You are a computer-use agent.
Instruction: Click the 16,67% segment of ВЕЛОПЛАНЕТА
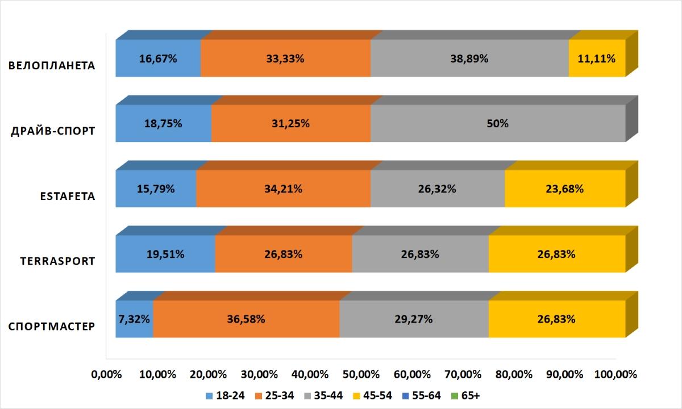point(158,59)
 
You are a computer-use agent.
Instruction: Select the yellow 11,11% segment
point(597,59)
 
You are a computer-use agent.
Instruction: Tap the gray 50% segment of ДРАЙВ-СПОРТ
point(498,123)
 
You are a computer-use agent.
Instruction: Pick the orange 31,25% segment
point(291,123)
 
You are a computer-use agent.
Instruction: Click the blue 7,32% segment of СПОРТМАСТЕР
point(134,319)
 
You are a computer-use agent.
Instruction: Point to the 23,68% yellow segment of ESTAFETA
point(565,189)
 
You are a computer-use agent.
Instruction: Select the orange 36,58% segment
point(246,319)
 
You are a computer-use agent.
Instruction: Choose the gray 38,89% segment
point(469,59)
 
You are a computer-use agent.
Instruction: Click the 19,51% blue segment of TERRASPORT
point(165,254)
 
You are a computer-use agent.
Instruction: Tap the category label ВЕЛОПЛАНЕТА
point(52,65)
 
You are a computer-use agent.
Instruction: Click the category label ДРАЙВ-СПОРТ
point(53,131)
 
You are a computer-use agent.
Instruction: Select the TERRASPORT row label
point(57,261)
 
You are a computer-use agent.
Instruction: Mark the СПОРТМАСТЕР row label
point(52,327)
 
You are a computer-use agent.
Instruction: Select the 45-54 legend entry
point(372,396)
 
